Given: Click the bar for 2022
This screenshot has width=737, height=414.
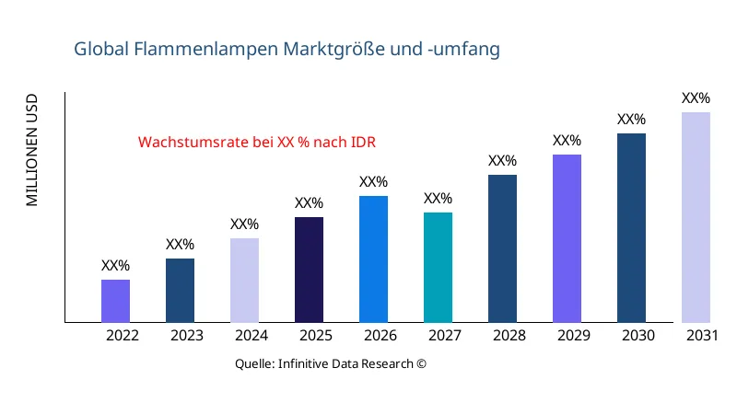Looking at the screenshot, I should coord(115,301).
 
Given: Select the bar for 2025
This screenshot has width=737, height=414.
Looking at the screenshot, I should coord(309,270).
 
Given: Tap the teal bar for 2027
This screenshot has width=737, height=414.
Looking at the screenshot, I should coord(438,267).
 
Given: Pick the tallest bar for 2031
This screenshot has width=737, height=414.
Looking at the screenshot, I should coord(696,217).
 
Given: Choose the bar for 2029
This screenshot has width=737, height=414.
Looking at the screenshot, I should coord(567,238).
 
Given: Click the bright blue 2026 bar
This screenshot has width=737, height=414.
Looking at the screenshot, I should coord(373,259).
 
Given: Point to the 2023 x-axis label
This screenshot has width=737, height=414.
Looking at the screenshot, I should coord(187,336).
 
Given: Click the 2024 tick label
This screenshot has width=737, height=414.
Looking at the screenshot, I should coord(252,336).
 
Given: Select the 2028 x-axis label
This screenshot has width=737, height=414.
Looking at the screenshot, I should coord(509,336).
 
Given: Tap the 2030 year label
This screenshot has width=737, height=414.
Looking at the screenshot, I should coord(638,336).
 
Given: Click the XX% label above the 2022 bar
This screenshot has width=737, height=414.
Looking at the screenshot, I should coord(115,266).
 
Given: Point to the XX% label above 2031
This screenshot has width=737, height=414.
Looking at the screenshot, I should coord(696,98).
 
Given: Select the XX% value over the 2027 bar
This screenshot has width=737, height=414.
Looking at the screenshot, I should coord(438,199).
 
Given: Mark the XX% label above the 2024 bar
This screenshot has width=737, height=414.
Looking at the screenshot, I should coord(244,224).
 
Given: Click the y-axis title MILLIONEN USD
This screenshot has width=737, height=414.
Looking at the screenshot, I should coord(32,150).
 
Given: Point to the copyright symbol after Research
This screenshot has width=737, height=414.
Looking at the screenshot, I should coord(421,363).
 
